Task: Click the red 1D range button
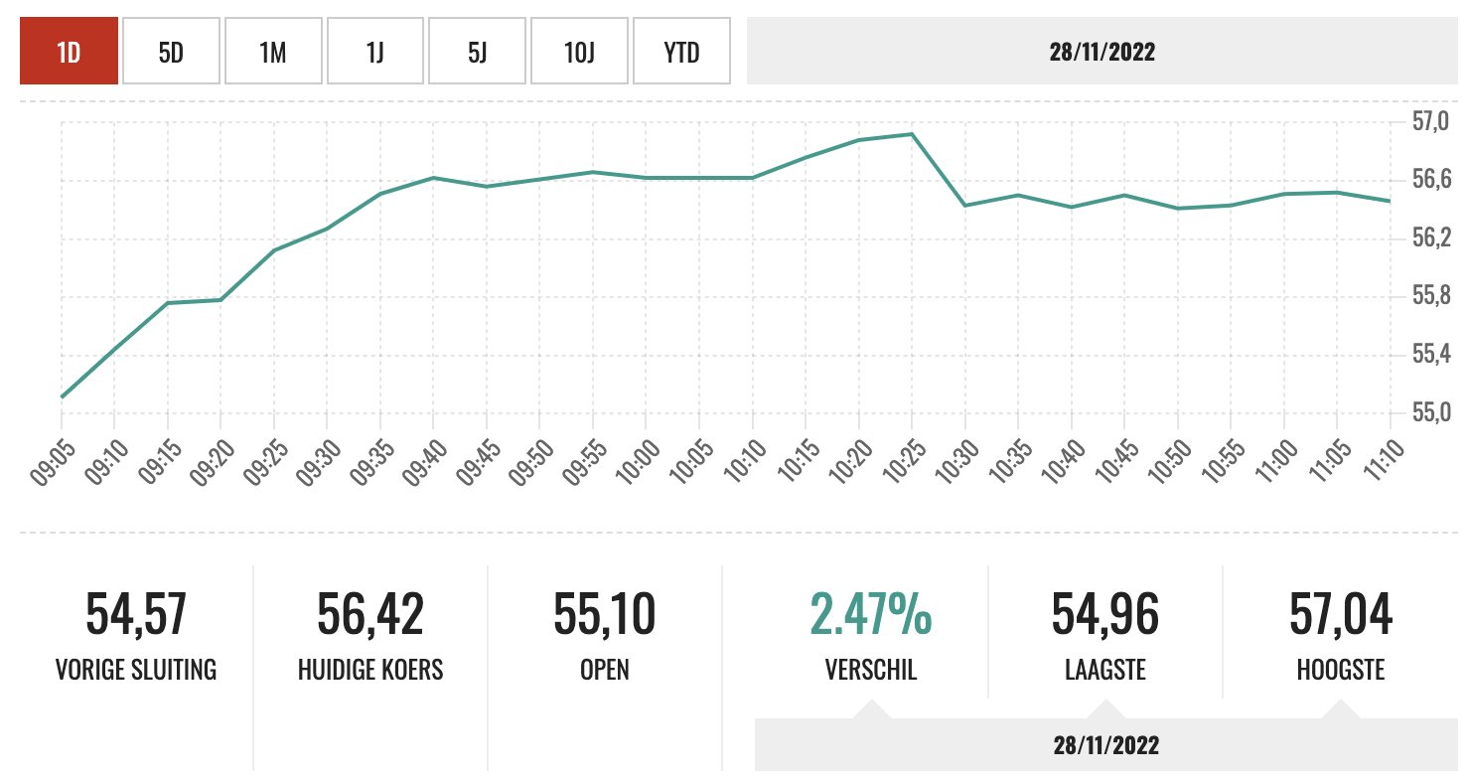(x=69, y=52)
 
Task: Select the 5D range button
(x=171, y=52)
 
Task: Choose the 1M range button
(x=273, y=52)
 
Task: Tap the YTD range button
(x=681, y=52)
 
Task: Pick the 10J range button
(x=579, y=52)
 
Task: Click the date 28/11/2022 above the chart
(x=1102, y=52)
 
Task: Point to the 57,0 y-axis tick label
(x=1431, y=122)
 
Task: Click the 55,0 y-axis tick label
(x=1431, y=412)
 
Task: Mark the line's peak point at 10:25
(x=912, y=134)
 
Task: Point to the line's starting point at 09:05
(x=62, y=397)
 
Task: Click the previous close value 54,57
(x=136, y=614)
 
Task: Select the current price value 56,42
(x=370, y=614)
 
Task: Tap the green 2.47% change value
(x=871, y=614)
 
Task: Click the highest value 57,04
(x=1341, y=614)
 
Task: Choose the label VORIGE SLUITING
(x=136, y=670)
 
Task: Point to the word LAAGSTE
(x=1105, y=670)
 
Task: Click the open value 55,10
(x=605, y=614)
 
